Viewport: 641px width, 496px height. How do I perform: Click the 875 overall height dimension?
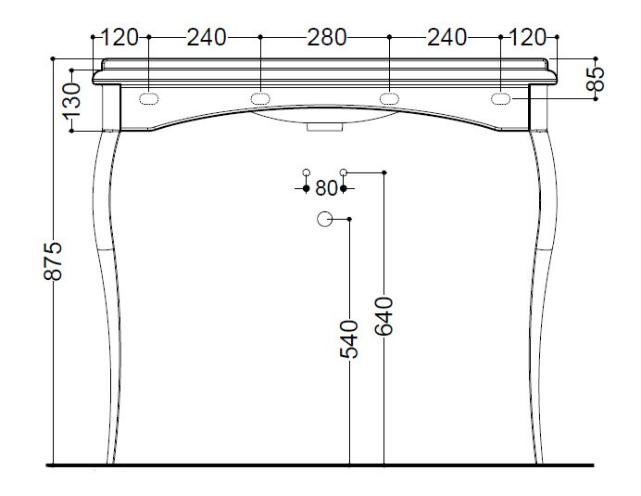coord(53,261)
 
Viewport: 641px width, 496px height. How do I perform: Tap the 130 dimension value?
coord(72,101)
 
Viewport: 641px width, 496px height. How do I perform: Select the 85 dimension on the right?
coord(596,79)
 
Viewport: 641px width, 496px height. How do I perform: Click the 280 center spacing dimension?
coord(327,37)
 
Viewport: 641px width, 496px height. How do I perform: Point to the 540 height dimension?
coord(349,339)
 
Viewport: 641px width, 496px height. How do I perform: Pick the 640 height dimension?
coord(383,316)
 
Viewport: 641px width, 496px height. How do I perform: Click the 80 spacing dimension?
coord(326,188)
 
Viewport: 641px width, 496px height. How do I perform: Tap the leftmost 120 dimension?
coord(119,37)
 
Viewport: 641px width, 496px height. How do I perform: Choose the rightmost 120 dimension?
coord(528,37)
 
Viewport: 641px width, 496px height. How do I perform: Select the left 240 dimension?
coord(207,37)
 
